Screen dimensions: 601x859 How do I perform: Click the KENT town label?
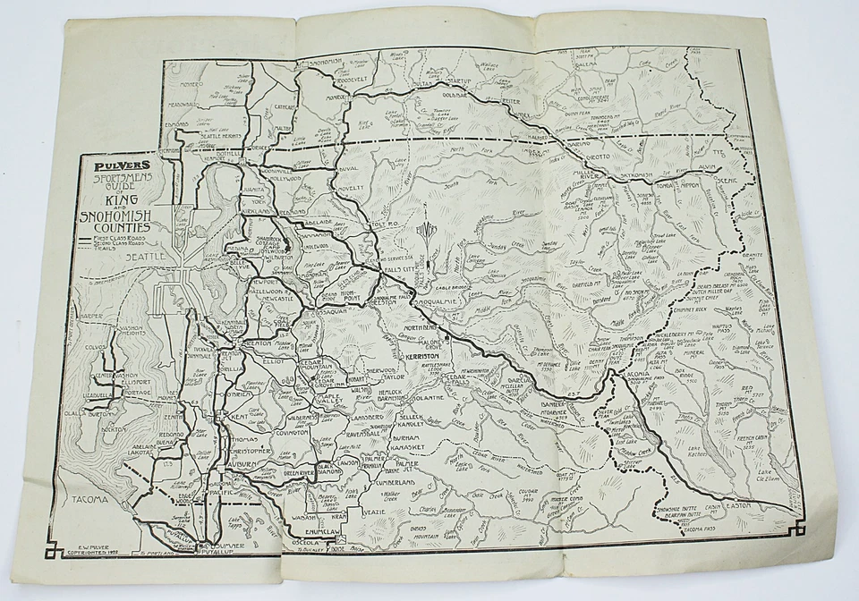pos(239,418)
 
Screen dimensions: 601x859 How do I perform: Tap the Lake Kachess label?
pos(695,450)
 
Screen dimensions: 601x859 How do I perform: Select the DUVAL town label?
pos(347,167)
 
